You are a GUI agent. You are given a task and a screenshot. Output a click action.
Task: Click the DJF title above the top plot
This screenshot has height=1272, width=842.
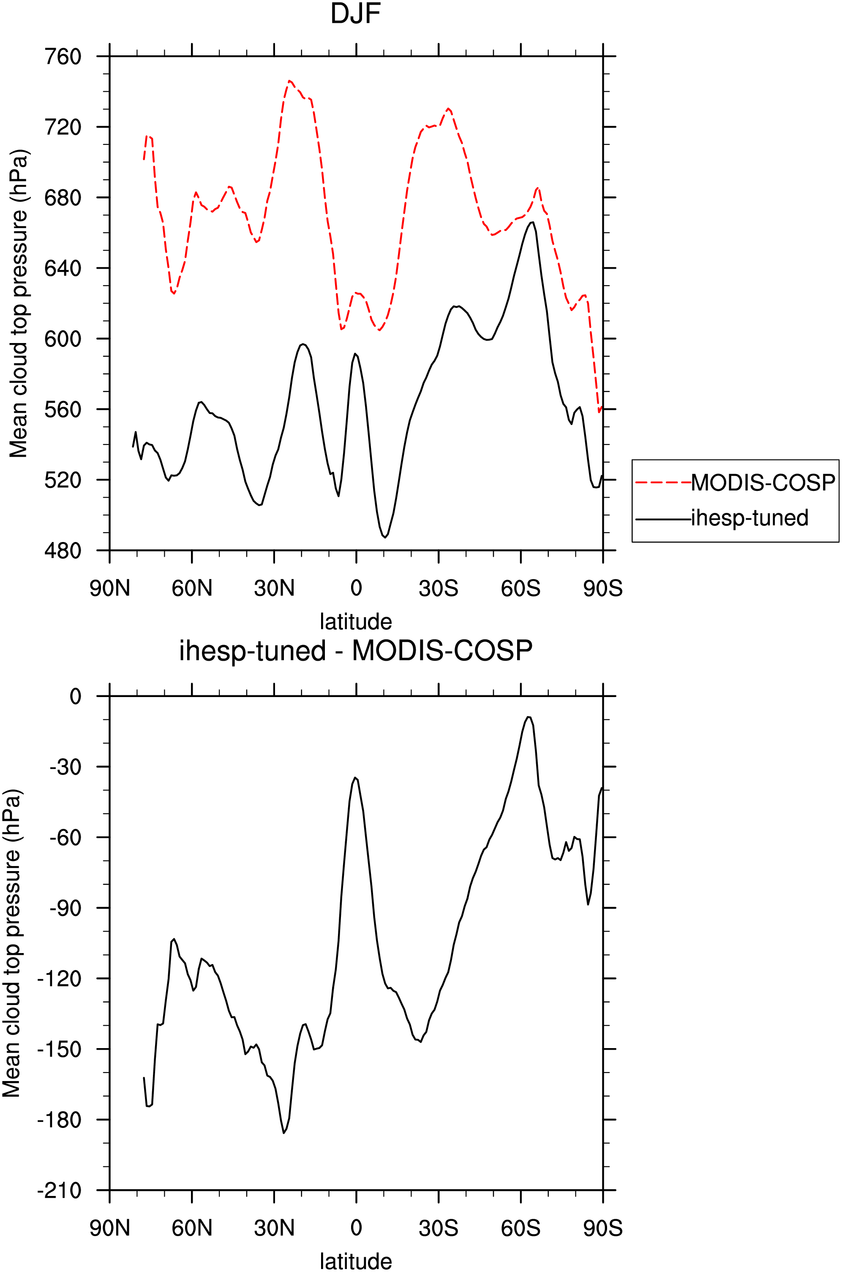coord(355,14)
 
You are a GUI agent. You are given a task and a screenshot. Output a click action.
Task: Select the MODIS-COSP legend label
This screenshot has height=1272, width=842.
coord(763,483)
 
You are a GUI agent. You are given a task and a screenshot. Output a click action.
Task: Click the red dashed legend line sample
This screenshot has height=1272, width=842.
coord(663,483)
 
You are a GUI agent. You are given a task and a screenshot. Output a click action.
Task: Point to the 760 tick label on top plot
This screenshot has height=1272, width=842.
coord(63,56)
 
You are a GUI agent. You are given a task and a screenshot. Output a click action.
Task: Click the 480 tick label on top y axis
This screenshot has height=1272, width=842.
coord(63,550)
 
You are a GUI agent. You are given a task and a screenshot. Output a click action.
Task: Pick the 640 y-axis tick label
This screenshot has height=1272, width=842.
coord(63,268)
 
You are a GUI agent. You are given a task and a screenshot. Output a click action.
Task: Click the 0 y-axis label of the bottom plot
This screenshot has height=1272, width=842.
coord(76,696)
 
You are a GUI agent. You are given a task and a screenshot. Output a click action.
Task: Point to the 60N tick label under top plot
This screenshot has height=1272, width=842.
coord(192,588)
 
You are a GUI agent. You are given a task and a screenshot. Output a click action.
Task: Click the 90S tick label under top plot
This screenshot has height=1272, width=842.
coord(602,588)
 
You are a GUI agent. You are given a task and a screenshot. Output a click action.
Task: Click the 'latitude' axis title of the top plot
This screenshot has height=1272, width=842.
coord(355,621)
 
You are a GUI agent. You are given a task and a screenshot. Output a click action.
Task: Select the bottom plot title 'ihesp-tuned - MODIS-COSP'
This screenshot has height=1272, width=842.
coord(355,650)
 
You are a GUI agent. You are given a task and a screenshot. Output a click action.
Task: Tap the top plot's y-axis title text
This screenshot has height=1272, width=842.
coord(19,303)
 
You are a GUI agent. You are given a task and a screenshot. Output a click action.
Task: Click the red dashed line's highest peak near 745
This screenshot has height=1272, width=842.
coord(289,81)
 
